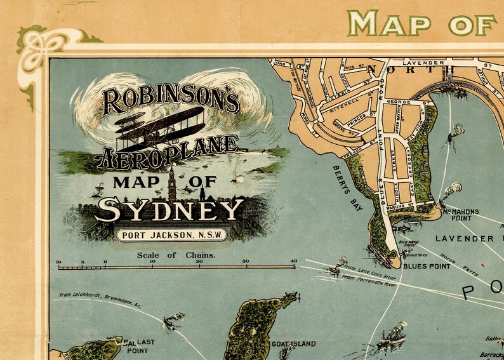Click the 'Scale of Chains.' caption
click(x=176, y=255)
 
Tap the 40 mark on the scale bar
click(x=293, y=262)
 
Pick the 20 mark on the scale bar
click(x=199, y=262)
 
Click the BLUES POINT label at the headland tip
click(x=427, y=266)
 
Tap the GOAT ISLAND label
click(x=293, y=344)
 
